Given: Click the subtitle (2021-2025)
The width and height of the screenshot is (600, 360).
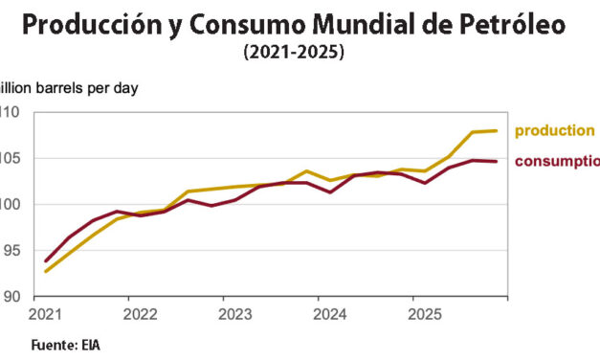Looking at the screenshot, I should (295, 54).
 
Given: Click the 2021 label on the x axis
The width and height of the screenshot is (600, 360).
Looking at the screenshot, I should (45, 314).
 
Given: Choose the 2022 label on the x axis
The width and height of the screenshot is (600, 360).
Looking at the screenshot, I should (141, 314).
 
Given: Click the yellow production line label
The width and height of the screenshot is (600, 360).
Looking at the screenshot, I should (554, 131).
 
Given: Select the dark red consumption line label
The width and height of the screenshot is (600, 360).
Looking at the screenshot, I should (558, 161).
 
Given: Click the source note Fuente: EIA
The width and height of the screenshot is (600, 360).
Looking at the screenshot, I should (65, 345).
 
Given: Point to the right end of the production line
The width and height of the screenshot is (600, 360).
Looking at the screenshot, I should (496, 130).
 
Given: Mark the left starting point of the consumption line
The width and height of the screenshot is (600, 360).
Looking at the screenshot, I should (45, 260).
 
